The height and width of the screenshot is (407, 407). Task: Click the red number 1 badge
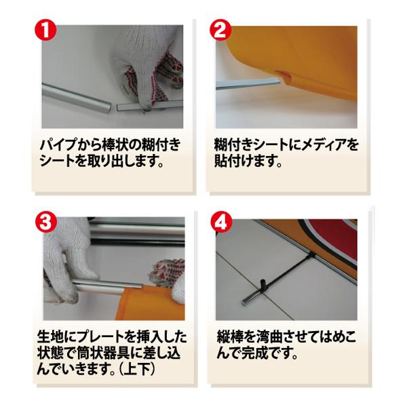[45, 30]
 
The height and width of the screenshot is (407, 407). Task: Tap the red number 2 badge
[220, 30]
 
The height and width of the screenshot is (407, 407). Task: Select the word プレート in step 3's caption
[99, 337]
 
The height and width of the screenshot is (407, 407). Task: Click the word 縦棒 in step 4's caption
[230, 337]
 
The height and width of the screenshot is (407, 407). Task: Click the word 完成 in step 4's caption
[254, 353]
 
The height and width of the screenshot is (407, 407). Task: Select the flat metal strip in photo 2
[248, 84]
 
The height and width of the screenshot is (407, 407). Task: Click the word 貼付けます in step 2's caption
[248, 161]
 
